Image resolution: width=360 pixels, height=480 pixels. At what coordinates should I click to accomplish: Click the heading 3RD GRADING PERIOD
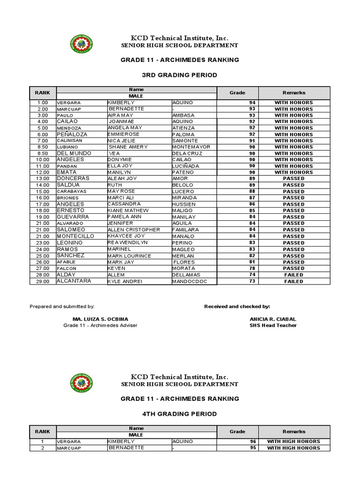pos(180,75)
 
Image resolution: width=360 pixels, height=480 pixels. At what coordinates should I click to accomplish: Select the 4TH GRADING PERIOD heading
pos(180,414)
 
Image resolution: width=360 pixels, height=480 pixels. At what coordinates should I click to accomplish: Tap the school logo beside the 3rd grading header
pos(81,45)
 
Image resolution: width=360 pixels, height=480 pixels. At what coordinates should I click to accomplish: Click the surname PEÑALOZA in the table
pos(73,134)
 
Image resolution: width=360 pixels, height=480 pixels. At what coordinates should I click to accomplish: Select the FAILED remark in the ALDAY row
pos(294,275)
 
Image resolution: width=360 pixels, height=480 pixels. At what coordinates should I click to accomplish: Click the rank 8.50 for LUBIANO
pos(43,147)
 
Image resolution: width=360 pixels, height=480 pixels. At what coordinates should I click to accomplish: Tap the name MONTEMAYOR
pos(191,147)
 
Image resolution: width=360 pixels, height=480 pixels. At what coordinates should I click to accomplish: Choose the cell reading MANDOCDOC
pos(189,281)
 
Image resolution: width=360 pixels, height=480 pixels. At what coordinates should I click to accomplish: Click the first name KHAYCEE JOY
pos(126,236)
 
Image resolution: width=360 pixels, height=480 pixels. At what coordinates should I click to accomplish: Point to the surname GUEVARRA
pos(73,217)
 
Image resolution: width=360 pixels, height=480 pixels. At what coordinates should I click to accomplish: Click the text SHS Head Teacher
pos(273,325)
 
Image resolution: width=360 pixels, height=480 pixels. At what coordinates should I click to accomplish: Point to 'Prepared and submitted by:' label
pos(62,306)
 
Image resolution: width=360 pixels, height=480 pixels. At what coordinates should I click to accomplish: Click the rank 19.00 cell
pos(43,217)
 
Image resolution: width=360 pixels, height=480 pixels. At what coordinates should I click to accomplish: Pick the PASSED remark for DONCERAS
pos(294,179)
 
